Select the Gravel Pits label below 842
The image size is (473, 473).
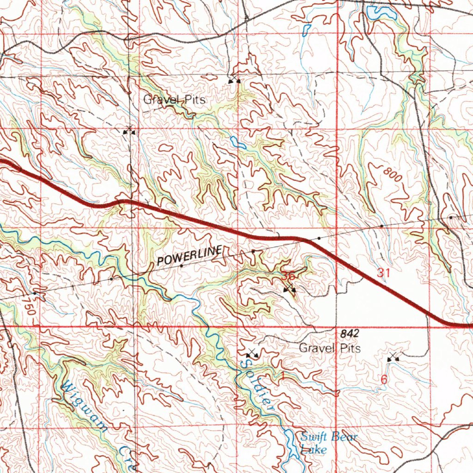click(x=330, y=348)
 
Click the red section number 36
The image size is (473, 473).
click(x=289, y=276)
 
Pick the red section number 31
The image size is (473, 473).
click(x=383, y=273)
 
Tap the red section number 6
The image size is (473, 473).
click(x=383, y=380)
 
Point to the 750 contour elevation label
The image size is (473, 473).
click(x=30, y=306)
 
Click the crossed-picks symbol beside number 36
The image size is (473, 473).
click(x=290, y=289)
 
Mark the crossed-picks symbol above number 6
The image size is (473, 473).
click(x=393, y=357)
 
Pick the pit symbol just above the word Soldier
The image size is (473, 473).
click(x=252, y=354)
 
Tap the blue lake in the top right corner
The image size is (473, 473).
click(x=381, y=12)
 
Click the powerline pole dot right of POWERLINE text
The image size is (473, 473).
click(x=254, y=251)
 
